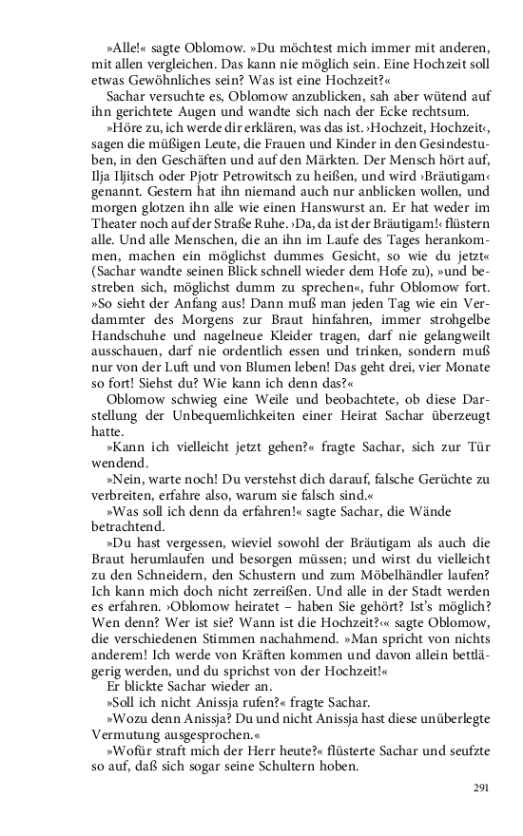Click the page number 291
pos(480,788)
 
